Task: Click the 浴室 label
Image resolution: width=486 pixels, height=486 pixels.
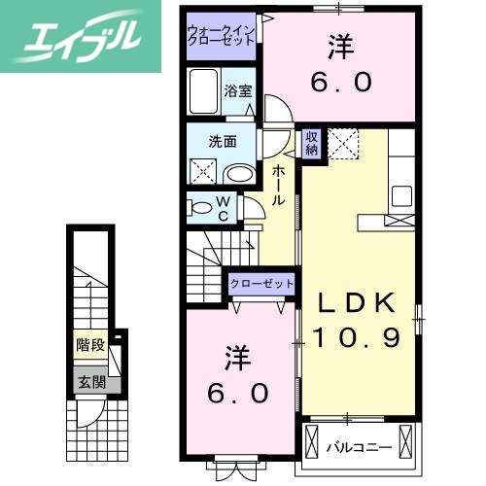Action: click(238, 92)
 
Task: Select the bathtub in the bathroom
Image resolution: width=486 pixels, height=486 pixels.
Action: click(204, 94)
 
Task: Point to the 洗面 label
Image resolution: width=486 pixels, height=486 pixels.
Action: click(223, 141)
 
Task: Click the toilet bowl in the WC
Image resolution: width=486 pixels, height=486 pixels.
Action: click(200, 208)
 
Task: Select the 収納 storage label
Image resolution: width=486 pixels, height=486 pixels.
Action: click(312, 144)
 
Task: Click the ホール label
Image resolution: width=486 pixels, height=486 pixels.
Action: click(279, 185)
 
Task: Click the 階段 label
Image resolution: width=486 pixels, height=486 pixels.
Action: click(91, 343)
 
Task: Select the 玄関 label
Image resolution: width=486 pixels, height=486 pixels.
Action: click(91, 382)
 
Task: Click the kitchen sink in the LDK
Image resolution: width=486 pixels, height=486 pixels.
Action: click(401, 191)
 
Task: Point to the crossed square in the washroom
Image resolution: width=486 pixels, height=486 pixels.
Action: click(203, 173)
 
